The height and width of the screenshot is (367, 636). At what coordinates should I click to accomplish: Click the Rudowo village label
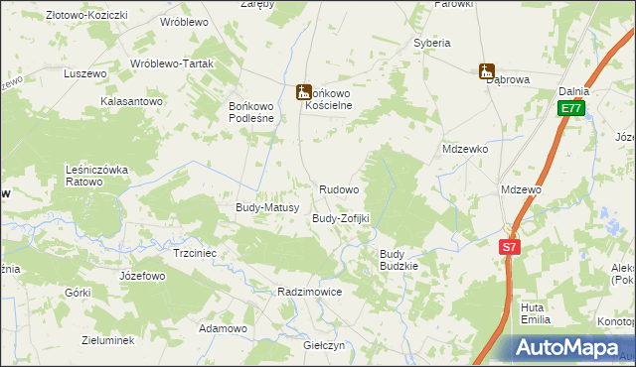click(339, 188)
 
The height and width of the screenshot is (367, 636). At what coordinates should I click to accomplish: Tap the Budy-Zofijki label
click(341, 218)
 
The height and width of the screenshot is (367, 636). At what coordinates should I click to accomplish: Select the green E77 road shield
click(570, 108)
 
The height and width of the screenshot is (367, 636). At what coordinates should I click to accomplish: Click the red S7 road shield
click(509, 246)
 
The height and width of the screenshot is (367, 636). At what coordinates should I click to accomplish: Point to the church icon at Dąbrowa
click(486, 70)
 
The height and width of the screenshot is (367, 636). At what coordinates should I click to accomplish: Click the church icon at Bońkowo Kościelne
click(303, 92)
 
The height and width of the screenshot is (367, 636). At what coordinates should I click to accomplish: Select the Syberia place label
click(432, 44)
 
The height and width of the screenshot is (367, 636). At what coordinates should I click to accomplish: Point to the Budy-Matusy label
click(260, 207)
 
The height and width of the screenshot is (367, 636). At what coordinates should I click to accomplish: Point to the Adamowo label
click(223, 327)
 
